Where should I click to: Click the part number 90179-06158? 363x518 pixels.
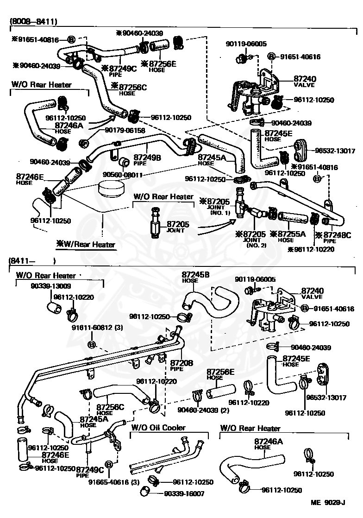pyautogui.click(x=125, y=131)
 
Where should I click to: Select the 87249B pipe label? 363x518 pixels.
pyautogui.click(x=147, y=159)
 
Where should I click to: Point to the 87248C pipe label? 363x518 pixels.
pyautogui.click(x=333, y=237)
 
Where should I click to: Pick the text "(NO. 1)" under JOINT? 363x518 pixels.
pyautogui.click(x=220, y=213)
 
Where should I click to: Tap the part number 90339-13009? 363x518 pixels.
pyautogui.click(x=51, y=286)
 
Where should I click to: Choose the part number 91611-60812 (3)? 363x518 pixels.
pyautogui.click(x=97, y=328)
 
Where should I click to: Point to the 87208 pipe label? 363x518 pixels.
pyautogui.click(x=181, y=365)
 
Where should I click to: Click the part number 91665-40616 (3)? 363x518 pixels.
pyautogui.click(x=114, y=482)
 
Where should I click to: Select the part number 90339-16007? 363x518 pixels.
pyautogui.click(x=184, y=493)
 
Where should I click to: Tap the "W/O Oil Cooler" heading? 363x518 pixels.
pyautogui.click(x=158, y=428)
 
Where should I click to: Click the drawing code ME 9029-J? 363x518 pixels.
pyautogui.click(x=328, y=503)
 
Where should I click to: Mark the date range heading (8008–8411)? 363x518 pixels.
pyautogui.click(x=34, y=21)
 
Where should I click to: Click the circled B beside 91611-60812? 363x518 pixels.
pyautogui.click(x=92, y=345)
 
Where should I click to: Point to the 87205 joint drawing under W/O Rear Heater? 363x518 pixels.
pyautogui.click(x=155, y=222)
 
